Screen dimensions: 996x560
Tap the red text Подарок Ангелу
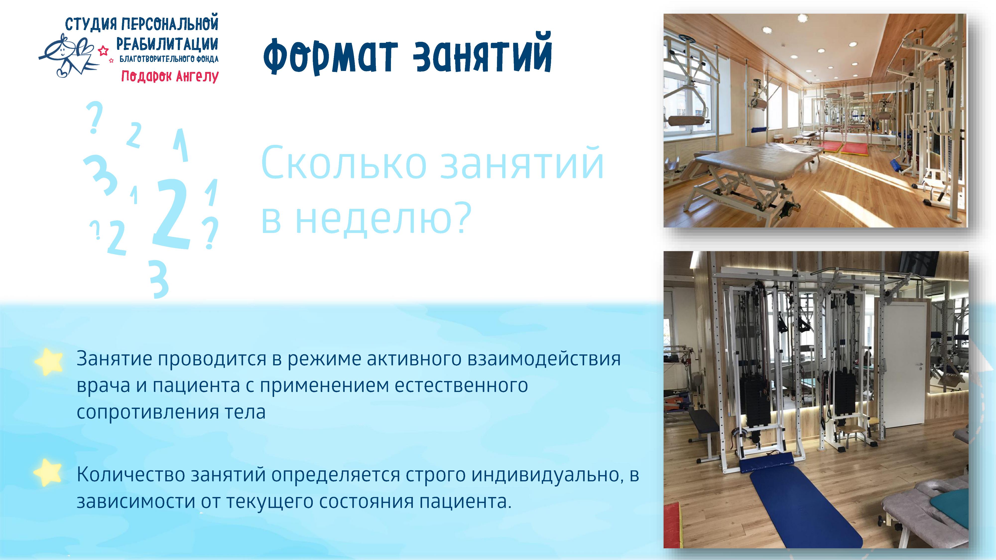point(170,76)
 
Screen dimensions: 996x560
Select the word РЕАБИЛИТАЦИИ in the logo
point(167,45)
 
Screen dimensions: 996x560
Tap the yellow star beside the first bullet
point(48,361)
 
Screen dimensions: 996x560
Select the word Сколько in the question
point(344,164)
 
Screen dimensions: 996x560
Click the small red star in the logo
point(103,51)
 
